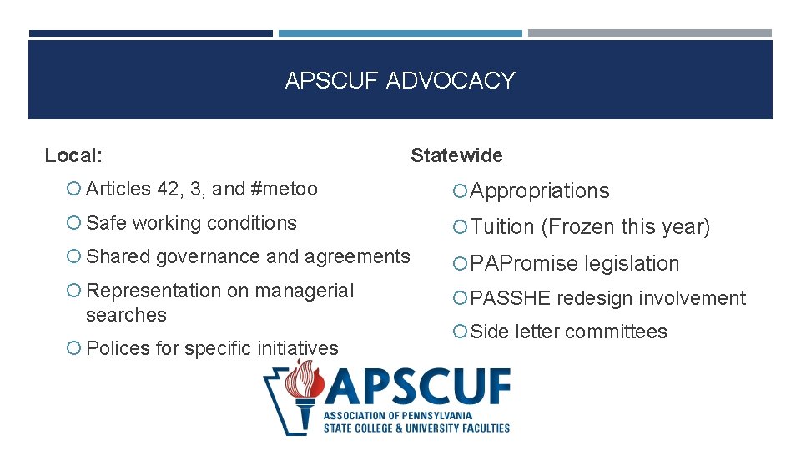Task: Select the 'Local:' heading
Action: coord(73,155)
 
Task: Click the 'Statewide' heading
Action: coord(456,155)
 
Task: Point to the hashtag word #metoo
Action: coord(284,189)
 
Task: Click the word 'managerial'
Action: coord(305,291)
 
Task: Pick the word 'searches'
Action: coord(126,315)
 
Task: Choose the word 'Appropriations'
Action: coord(540,191)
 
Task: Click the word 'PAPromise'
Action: coord(523,263)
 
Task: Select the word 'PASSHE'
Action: coord(511,298)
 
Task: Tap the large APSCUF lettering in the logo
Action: coord(417,388)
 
